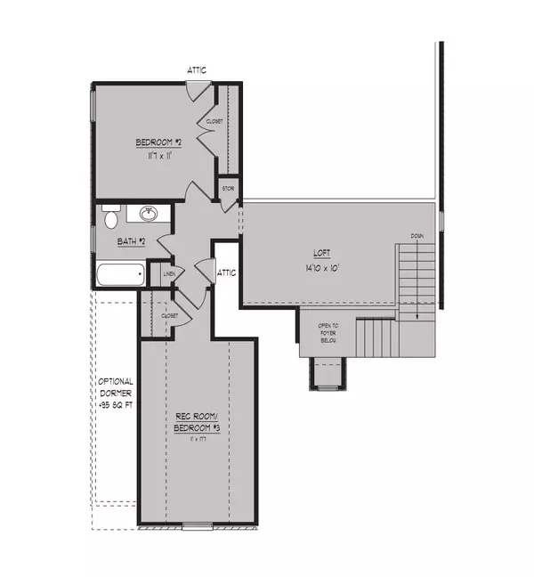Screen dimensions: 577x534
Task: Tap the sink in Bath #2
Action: [149, 214]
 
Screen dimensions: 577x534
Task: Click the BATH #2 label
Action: [132, 240]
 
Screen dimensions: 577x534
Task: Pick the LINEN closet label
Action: [166, 274]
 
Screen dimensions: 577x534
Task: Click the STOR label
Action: [229, 189]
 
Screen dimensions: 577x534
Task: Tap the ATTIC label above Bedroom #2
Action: [198, 69]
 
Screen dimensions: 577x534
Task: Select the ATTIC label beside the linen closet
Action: [227, 272]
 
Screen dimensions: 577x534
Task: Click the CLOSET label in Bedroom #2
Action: [214, 121]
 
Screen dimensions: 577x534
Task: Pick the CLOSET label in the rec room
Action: [170, 315]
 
